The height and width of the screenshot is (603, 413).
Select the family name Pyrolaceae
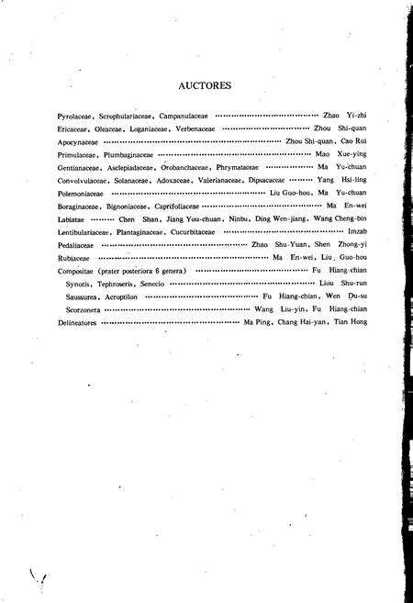[73, 117]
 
